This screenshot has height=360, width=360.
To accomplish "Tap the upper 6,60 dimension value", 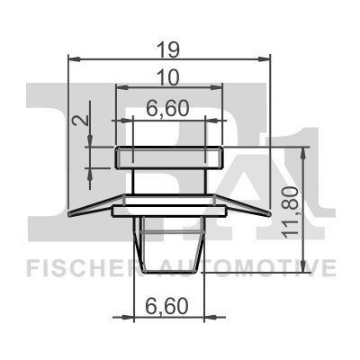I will point(169,108).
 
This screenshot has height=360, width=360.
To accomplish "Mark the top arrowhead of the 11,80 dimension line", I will point(305,150).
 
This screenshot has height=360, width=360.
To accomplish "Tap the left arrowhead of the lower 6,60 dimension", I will point(137,316).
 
